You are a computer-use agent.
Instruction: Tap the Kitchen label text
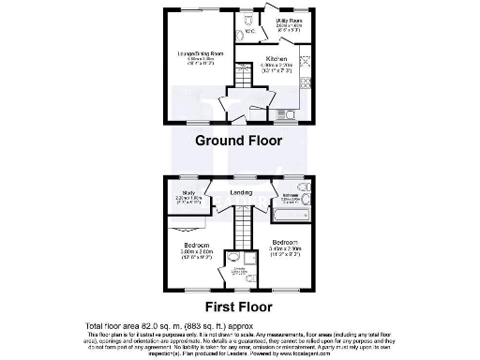point(277,58)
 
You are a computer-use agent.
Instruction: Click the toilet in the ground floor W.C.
point(246,21)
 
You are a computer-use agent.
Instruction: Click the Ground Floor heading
point(239,141)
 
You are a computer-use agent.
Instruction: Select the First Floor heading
point(239,306)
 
